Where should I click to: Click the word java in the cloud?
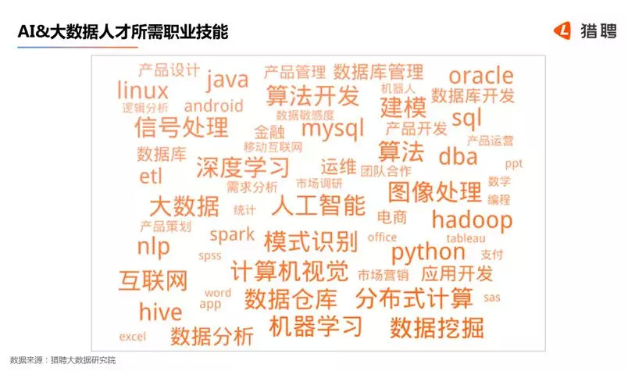tap(227, 80)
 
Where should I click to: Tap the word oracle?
tap(481, 75)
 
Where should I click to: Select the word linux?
tap(143, 90)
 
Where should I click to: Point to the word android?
tap(213, 105)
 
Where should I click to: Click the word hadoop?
tap(473, 219)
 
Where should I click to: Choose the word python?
tap(428, 252)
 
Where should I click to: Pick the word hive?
tap(160, 312)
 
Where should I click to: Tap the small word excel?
tap(133, 337)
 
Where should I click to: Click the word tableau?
tap(466, 238)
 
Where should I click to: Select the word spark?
tap(232, 235)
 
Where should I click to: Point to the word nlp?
tap(153, 246)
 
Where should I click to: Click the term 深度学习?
tap(243, 167)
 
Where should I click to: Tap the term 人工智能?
tap(319, 205)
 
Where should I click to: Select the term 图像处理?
tap(435, 192)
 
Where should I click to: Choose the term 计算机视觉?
tap(290, 271)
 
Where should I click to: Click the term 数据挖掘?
tap(437, 327)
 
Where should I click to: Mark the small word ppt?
tap(514, 164)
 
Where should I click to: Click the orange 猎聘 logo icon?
tap(562, 30)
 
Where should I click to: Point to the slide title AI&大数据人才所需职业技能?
tap(123, 32)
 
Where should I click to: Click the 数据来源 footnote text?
tap(63, 360)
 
